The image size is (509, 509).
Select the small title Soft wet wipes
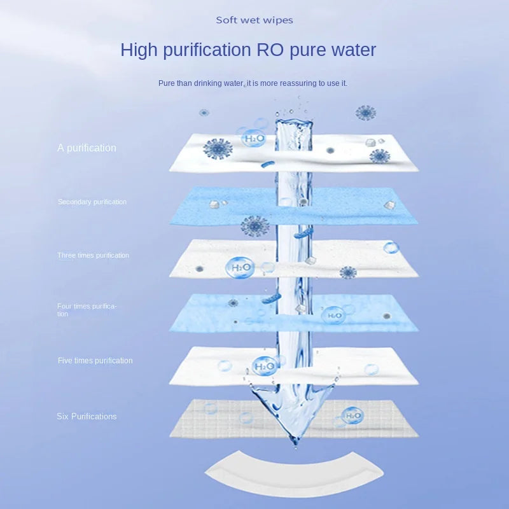tap(254, 20)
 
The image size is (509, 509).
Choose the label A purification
tap(87, 148)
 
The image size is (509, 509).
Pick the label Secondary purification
tap(92, 202)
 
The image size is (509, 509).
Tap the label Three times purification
tap(93, 255)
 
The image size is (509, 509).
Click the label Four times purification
tap(87, 310)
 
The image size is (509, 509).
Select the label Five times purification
tap(95, 361)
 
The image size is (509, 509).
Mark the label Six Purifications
tap(87, 417)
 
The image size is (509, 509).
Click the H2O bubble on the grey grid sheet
tap(352, 416)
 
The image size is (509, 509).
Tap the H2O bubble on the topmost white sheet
tap(253, 138)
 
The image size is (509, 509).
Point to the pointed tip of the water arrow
tap(294, 440)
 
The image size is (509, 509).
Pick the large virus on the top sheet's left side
tap(218, 149)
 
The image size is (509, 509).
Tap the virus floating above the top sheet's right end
tap(365, 113)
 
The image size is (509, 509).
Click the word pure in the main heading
tap(309, 50)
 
